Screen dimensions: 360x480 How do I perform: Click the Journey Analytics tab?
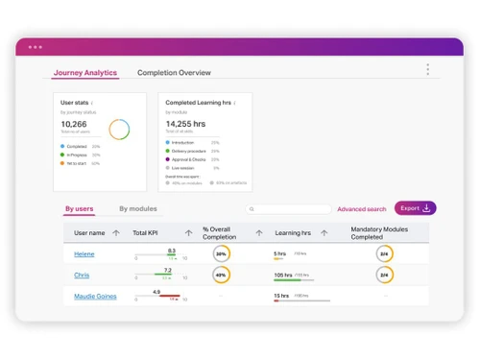click(85, 72)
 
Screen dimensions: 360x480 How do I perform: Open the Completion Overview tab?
click(174, 72)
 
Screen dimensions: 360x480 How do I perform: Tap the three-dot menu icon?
click(427, 69)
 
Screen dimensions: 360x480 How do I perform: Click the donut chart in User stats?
click(119, 129)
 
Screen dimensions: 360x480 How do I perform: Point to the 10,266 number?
click(74, 124)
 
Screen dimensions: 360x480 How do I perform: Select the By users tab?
click(80, 208)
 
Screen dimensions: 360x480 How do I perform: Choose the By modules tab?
click(138, 208)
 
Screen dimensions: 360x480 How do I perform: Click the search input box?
click(288, 208)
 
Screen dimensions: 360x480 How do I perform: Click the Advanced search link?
click(361, 208)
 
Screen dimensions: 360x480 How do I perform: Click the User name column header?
click(89, 232)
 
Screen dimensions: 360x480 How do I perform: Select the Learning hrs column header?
click(292, 232)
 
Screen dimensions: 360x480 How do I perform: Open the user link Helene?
click(85, 254)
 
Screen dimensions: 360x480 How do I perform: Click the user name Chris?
click(82, 276)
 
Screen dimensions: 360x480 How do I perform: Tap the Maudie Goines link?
click(95, 297)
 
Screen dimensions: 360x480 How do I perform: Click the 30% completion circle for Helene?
click(221, 254)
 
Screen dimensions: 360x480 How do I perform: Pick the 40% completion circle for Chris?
click(221, 276)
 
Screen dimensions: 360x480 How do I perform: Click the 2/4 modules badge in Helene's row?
click(384, 254)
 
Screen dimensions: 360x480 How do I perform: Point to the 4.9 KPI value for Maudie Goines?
click(156, 291)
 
